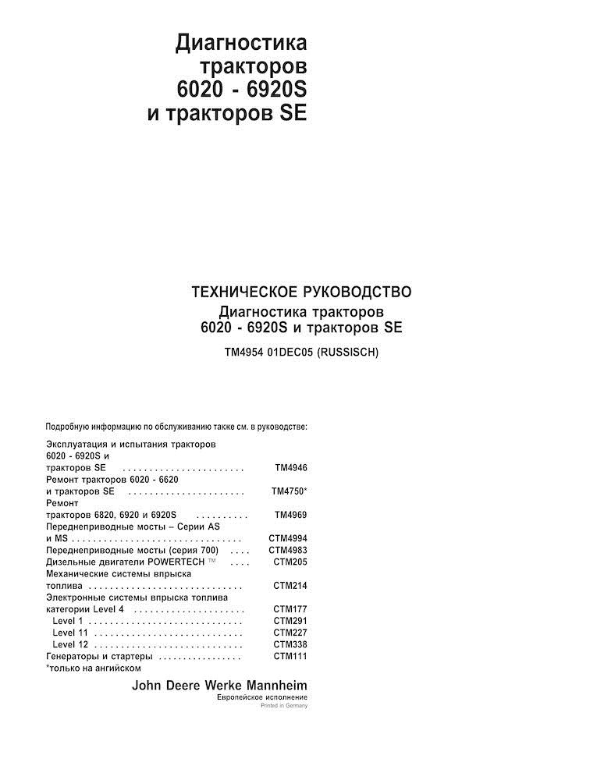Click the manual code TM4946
point(291,468)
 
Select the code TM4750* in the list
point(289,492)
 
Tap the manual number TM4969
point(291,516)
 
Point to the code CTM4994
point(288,539)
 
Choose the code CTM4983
point(288,551)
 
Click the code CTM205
point(290,562)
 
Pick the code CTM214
point(290,586)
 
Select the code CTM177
point(290,609)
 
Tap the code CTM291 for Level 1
point(290,621)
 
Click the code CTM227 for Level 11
point(290,633)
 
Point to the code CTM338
point(290,645)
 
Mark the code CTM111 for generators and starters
point(290,657)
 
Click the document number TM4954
point(244,353)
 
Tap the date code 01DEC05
point(291,353)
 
